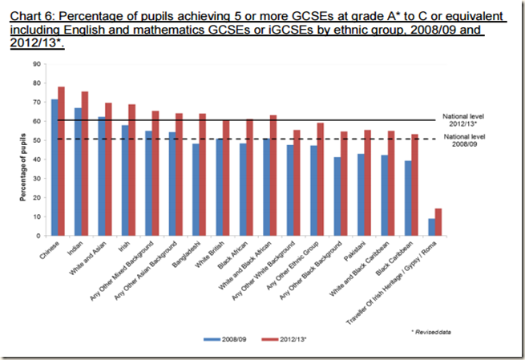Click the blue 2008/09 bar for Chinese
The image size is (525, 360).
pos(55,168)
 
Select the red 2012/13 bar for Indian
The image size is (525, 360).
pos(85,164)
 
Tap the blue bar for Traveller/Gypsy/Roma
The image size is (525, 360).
pos(432,227)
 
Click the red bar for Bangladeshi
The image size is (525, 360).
pos(203,175)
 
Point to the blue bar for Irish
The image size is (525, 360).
pos(125,180)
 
